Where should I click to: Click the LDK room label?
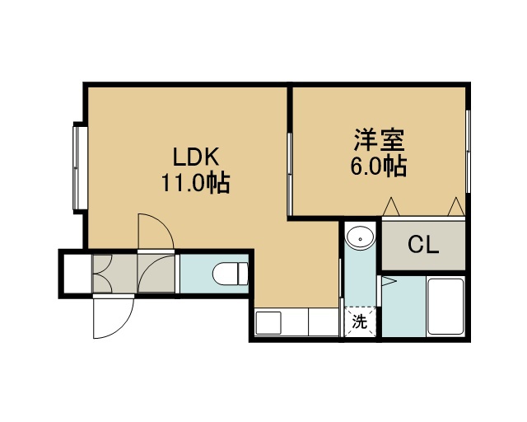point(196,157)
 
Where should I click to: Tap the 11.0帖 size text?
point(196,183)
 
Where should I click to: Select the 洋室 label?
point(379,139)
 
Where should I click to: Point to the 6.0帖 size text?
point(379,166)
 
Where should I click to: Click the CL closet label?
point(423,245)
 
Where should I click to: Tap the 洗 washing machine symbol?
point(359,322)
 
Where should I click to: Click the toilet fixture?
point(231,274)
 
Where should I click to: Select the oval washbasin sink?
point(360,238)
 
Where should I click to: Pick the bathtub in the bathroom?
point(445,307)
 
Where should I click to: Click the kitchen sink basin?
point(268,323)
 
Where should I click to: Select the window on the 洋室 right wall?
point(468,151)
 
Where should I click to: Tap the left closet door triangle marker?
point(391,206)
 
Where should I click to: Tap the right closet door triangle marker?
point(456,206)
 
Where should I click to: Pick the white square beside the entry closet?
point(77,274)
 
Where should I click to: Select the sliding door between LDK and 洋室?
point(290,173)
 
